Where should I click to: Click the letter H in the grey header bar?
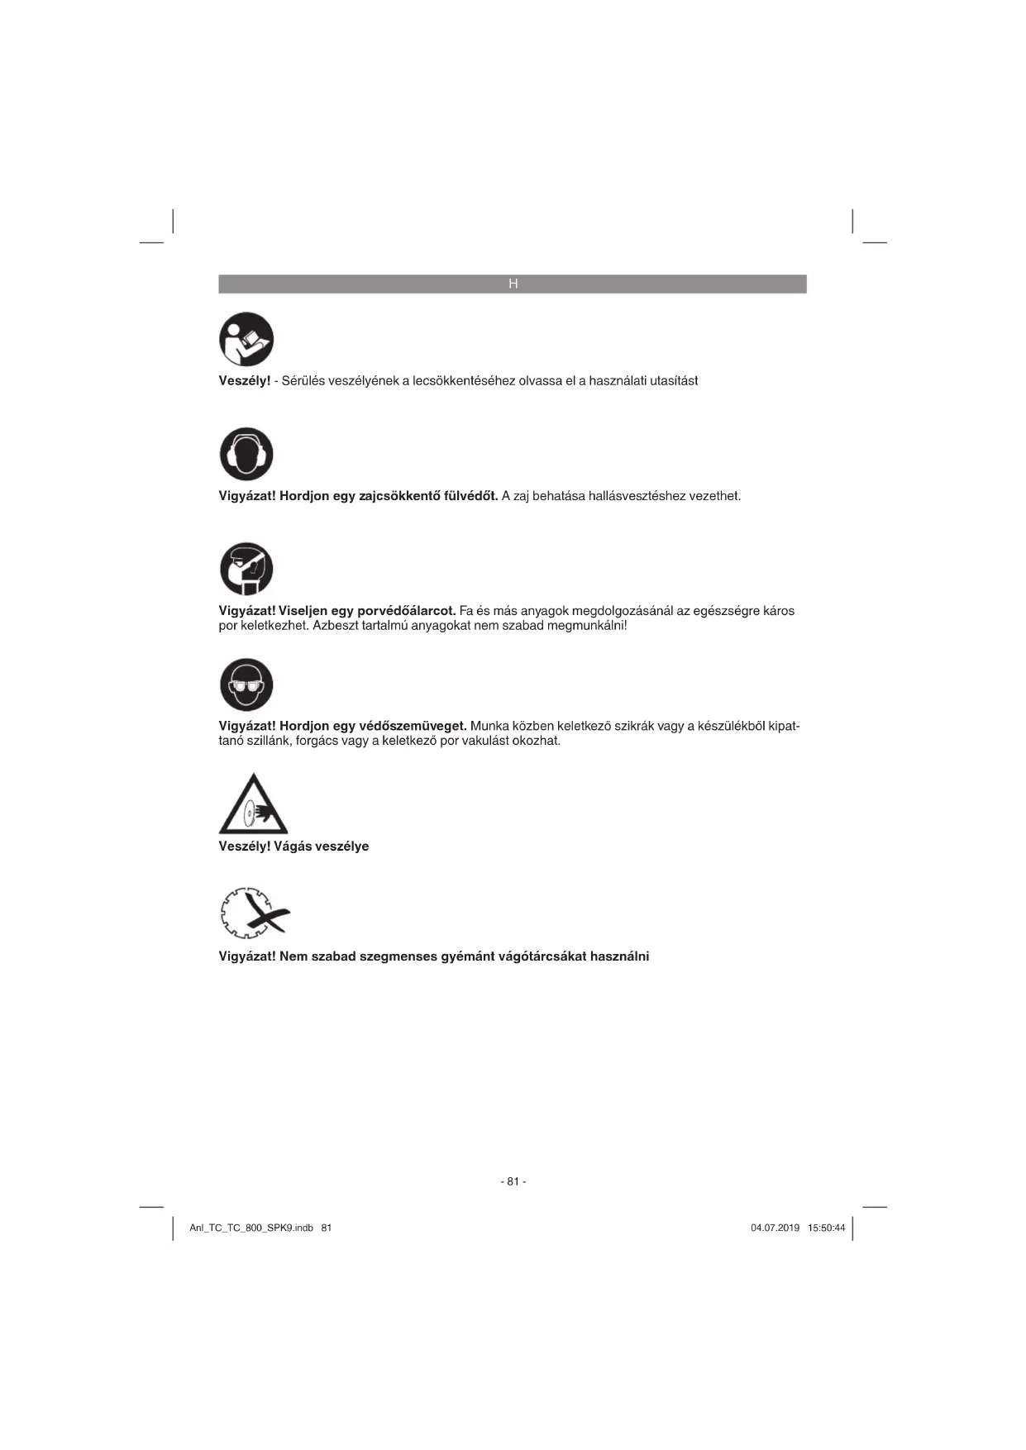pos(513,284)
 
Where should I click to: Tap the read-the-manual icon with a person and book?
pos(246,339)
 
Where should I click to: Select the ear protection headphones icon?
pos(246,454)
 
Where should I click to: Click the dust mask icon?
pos(246,569)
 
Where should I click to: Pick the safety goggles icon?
pos(246,684)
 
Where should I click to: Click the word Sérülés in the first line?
pos(303,381)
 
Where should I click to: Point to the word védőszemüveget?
pos(413,726)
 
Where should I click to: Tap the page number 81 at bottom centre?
pos(513,1181)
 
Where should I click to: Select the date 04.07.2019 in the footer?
pos(775,1228)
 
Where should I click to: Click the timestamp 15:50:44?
pos(826,1228)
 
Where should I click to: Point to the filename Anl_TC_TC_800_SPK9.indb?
pos(251,1228)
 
